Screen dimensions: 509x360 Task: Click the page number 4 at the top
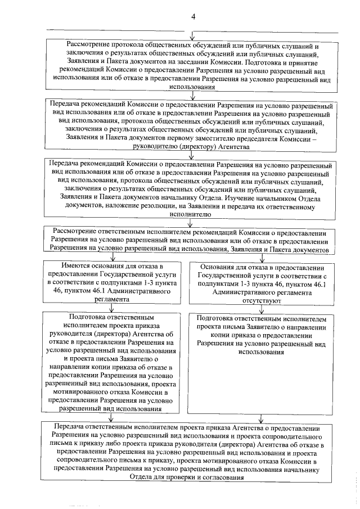pos(193,16)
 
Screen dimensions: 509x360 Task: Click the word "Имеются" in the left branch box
pos(79,265)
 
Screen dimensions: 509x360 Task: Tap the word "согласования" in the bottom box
pos(220,477)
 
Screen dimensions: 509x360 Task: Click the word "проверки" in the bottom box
pos(174,477)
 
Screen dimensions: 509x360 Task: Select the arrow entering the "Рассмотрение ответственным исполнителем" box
pos(193,222)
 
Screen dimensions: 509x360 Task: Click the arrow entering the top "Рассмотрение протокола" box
pos(193,35)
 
